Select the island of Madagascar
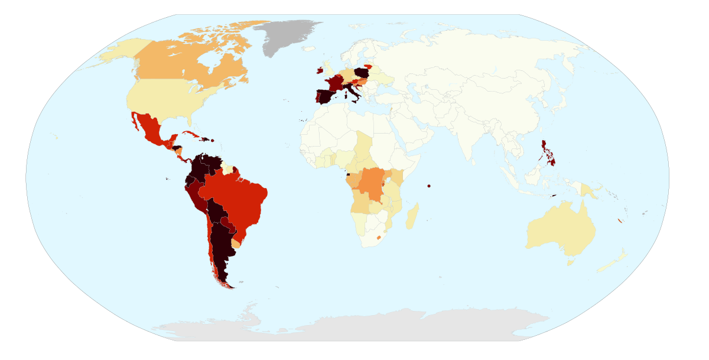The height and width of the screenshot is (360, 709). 412,216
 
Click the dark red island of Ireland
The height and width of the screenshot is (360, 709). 320,71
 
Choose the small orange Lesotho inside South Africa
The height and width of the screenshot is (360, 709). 379,237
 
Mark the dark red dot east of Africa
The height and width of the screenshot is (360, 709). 429,186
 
